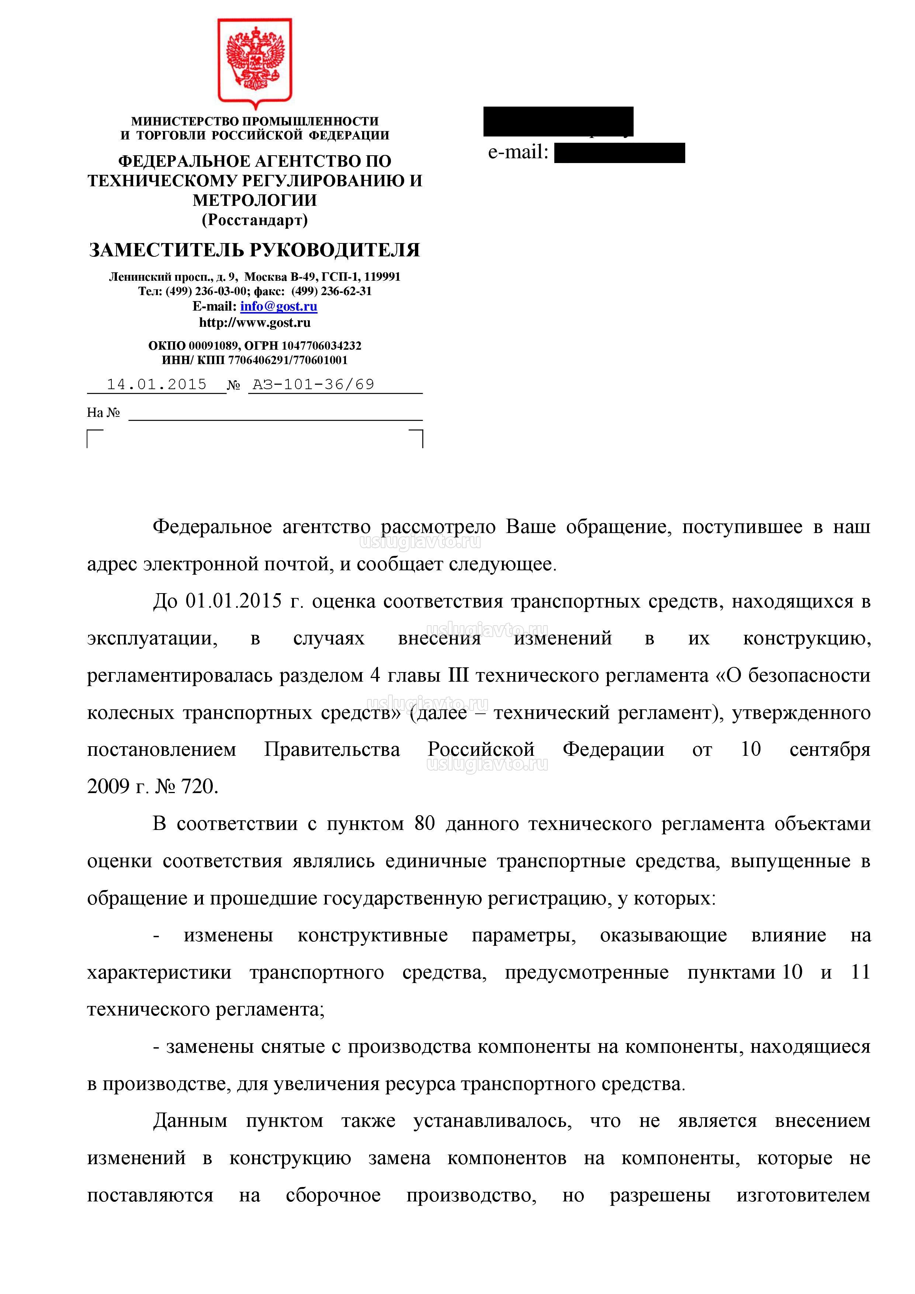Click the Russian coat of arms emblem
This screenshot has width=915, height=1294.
[255, 62]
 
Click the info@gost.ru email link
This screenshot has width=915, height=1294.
[278, 307]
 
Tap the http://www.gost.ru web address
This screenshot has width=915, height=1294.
[255, 322]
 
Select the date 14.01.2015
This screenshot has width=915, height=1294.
[157, 384]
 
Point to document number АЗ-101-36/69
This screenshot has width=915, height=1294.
[313, 384]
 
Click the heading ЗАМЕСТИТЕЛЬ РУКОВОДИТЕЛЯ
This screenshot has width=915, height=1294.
[255, 250]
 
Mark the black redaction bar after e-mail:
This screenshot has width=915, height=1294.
[619, 153]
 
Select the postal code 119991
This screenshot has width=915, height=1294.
[382, 277]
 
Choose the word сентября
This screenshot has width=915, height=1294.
[830, 750]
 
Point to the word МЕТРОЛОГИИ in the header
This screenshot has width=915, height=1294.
[255, 200]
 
